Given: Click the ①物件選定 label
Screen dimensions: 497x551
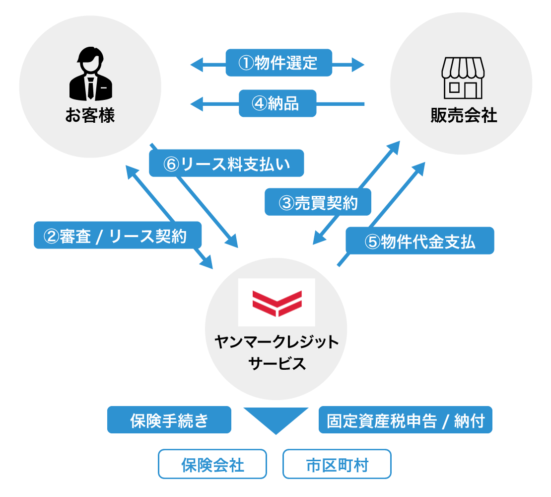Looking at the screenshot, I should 278,63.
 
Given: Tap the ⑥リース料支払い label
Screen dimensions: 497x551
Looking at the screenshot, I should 226,163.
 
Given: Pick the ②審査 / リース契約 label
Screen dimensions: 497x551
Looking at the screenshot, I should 118,235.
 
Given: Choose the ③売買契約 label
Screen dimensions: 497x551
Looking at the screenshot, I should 318,202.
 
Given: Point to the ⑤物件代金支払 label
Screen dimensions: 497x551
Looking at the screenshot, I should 419,241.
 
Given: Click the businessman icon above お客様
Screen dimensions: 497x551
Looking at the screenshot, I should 90,77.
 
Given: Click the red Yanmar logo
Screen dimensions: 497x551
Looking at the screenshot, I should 276,303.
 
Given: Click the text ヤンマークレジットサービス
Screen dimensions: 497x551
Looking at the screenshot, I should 276,352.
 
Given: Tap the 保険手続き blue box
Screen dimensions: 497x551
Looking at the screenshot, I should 169,420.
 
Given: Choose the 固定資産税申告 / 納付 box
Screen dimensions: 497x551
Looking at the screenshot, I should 405,420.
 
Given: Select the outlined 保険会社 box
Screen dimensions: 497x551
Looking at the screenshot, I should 212,464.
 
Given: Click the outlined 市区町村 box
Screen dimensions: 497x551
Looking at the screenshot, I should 337,464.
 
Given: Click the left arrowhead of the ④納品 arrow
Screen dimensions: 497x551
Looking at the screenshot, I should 197,104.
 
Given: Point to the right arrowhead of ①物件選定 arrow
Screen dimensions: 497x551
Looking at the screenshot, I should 358,64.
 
